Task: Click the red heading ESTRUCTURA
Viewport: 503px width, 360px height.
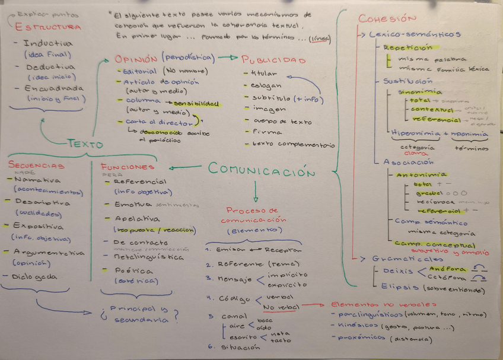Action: tap(49, 27)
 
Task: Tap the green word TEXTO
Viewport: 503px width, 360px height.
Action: tap(85, 144)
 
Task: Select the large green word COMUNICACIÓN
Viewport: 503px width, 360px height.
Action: tap(262, 171)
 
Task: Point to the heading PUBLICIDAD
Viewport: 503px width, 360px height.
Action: tap(273, 60)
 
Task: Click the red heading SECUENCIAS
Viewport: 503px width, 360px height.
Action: tap(36, 165)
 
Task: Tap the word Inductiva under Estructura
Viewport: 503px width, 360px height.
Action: tap(49, 43)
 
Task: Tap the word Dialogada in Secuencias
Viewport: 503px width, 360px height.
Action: tap(39, 276)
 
